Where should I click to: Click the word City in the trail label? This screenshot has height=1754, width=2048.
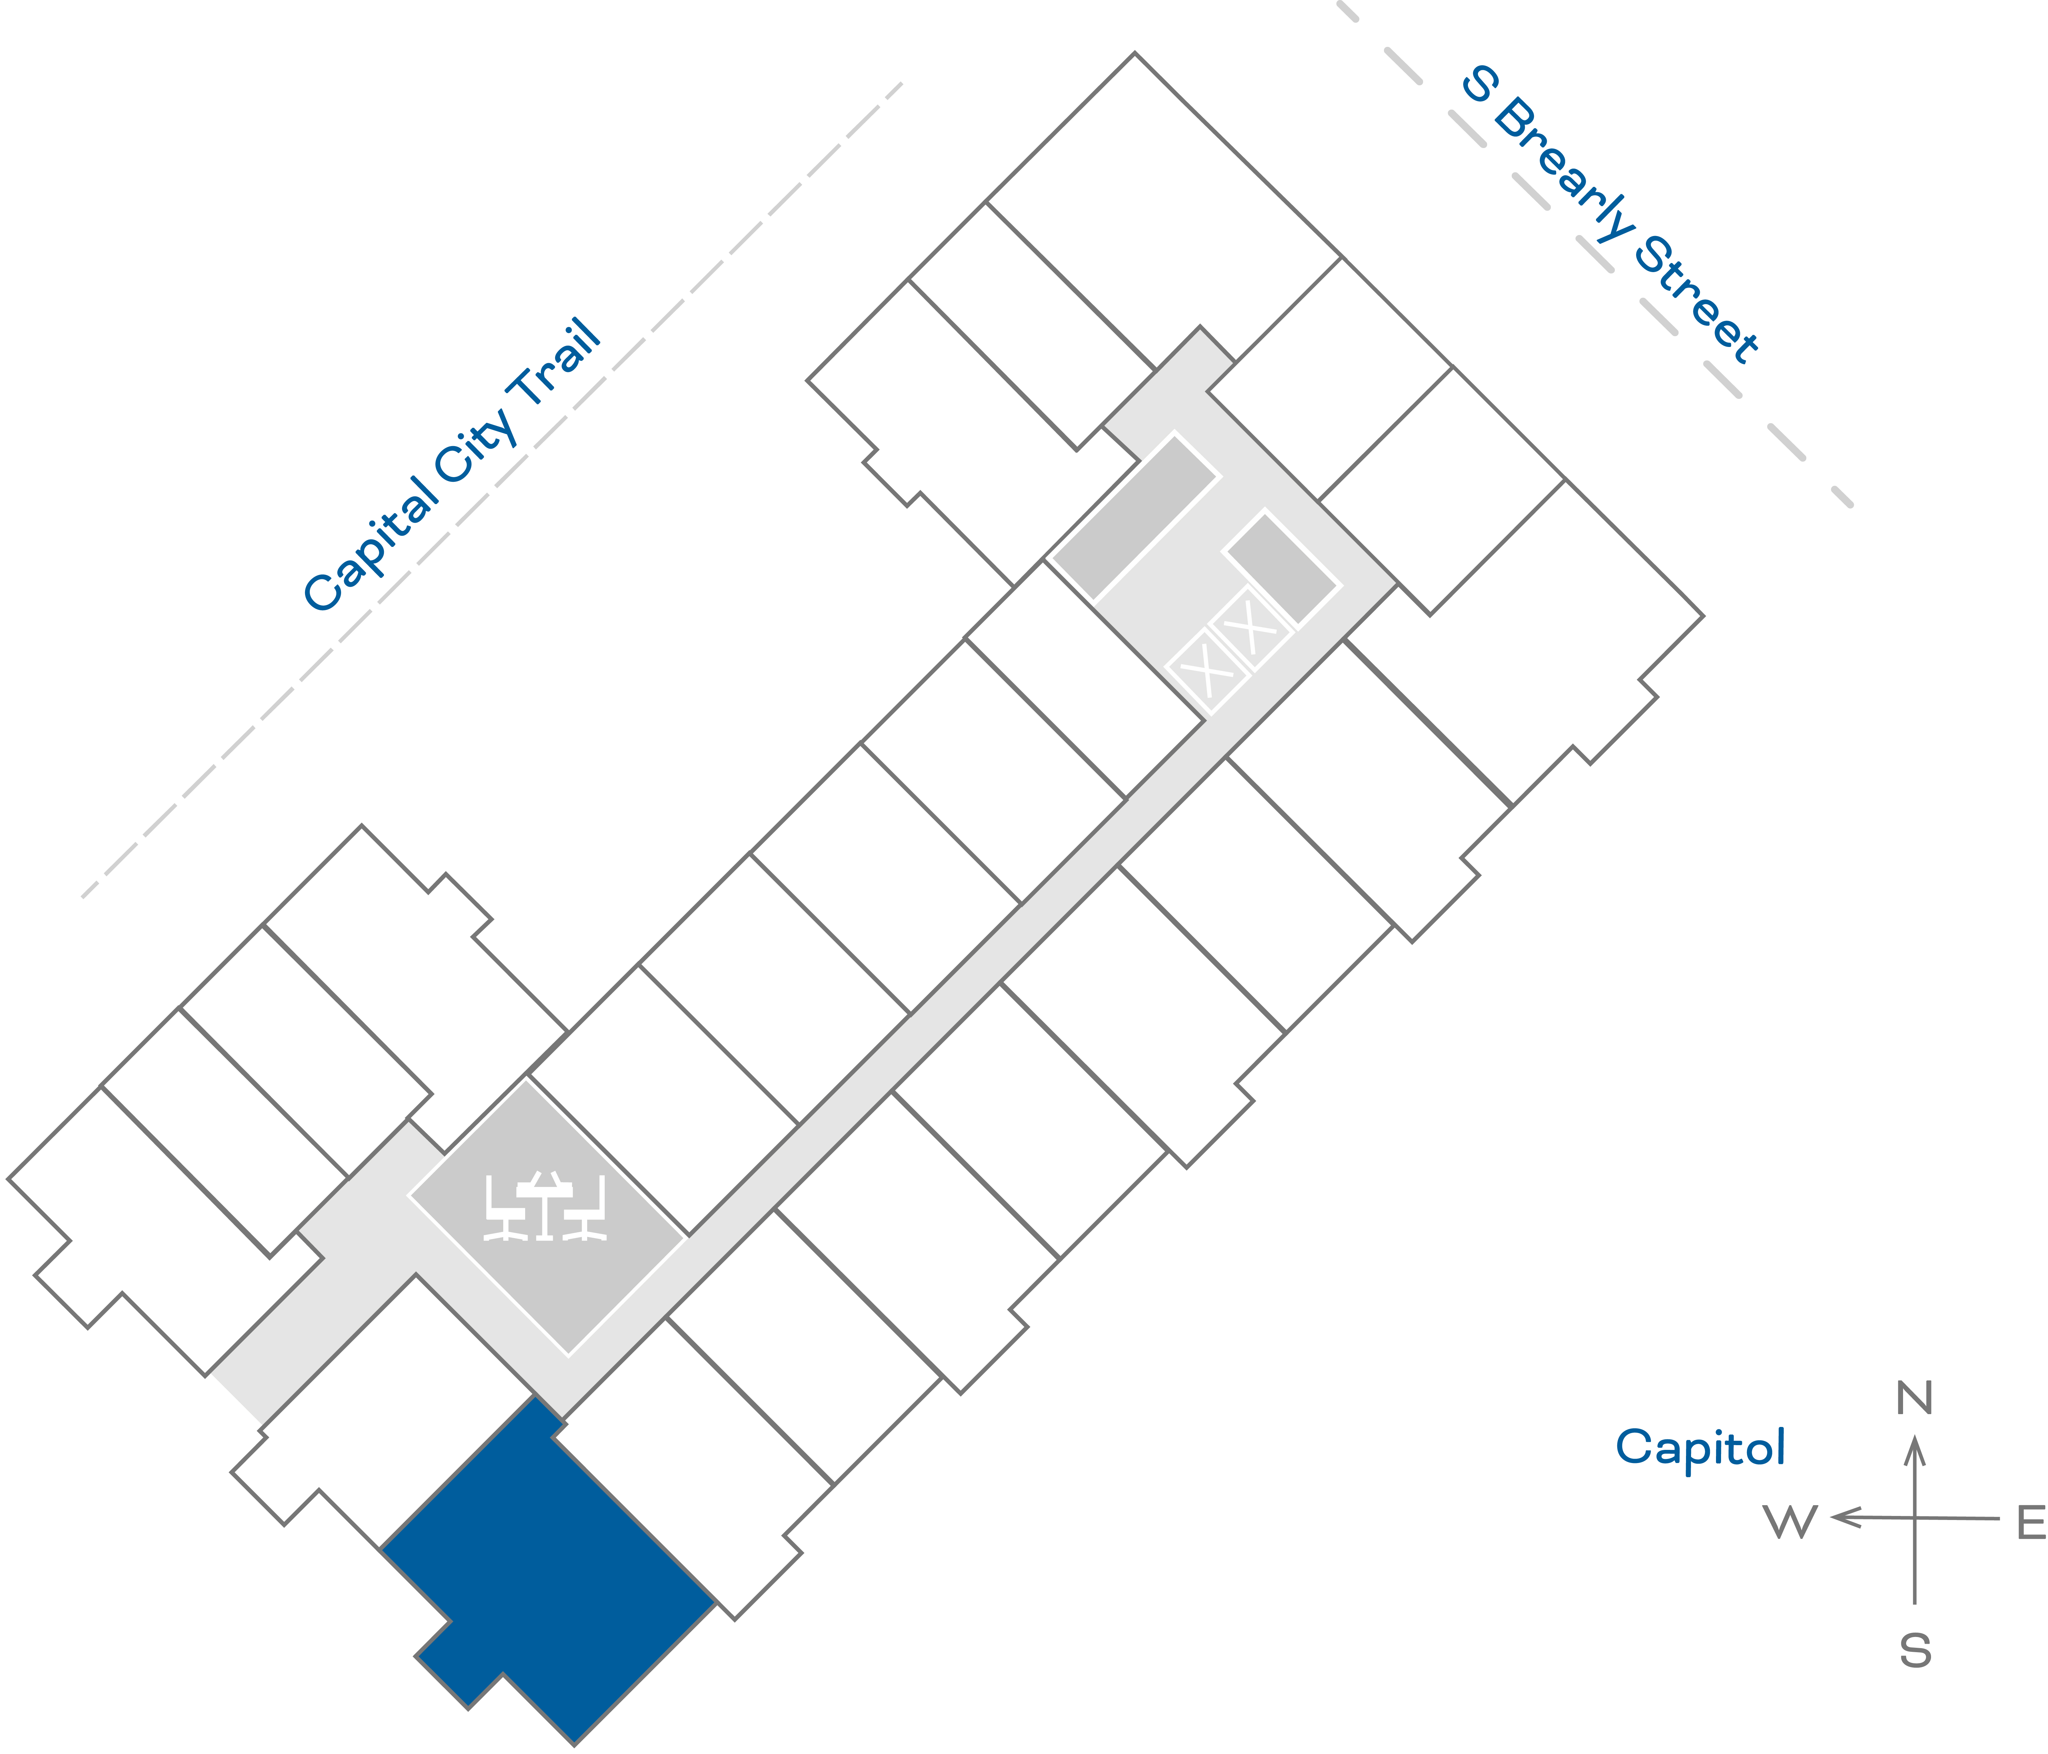[x=475, y=445]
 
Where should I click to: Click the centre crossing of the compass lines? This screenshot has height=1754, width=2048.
[x=1915, y=1518]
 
